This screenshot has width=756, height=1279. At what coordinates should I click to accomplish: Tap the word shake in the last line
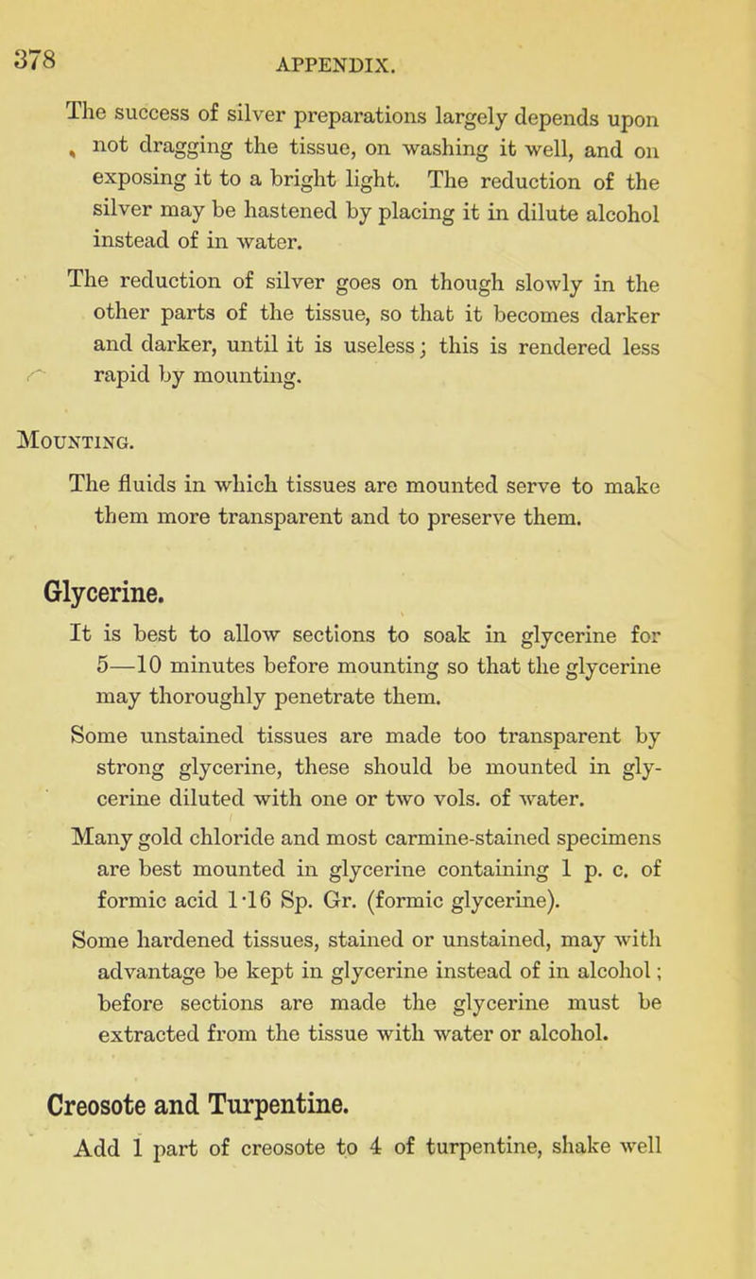pyautogui.click(x=609, y=1147)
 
